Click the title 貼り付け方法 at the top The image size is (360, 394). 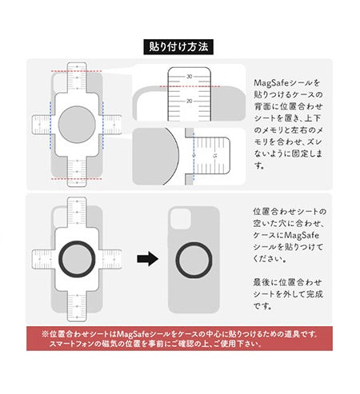(179, 46)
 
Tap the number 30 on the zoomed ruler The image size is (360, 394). (190, 76)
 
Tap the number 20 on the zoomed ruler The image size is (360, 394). (190, 101)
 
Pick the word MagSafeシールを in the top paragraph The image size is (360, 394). (278, 82)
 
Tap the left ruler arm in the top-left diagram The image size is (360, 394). (40, 125)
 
